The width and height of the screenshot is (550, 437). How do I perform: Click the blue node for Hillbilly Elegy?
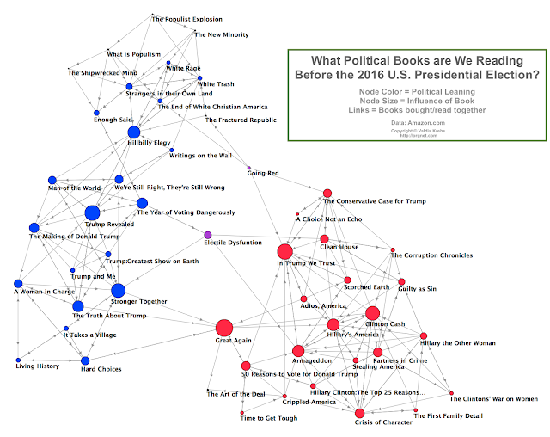tap(133, 132)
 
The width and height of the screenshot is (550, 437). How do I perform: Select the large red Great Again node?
tap(224, 328)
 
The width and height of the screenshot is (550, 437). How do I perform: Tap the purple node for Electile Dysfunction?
tap(207, 235)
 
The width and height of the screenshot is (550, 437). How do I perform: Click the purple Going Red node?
tap(249, 167)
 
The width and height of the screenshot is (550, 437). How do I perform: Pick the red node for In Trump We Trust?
tap(285, 252)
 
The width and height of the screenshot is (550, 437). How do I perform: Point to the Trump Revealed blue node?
tap(92, 212)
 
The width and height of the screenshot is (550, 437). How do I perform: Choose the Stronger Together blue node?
tap(118, 291)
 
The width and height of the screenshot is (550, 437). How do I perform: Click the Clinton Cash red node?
tap(372, 313)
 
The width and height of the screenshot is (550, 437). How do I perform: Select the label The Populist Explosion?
tap(186, 19)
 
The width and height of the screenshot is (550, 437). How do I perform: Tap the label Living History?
tap(39, 367)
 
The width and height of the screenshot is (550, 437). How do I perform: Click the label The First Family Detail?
tap(448, 416)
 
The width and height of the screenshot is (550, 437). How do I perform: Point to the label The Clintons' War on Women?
tap(494, 398)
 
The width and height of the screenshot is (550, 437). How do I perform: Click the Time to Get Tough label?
tap(268, 417)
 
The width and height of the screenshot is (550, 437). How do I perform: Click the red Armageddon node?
tap(297, 351)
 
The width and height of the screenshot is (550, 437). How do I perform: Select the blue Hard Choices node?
tap(85, 360)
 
